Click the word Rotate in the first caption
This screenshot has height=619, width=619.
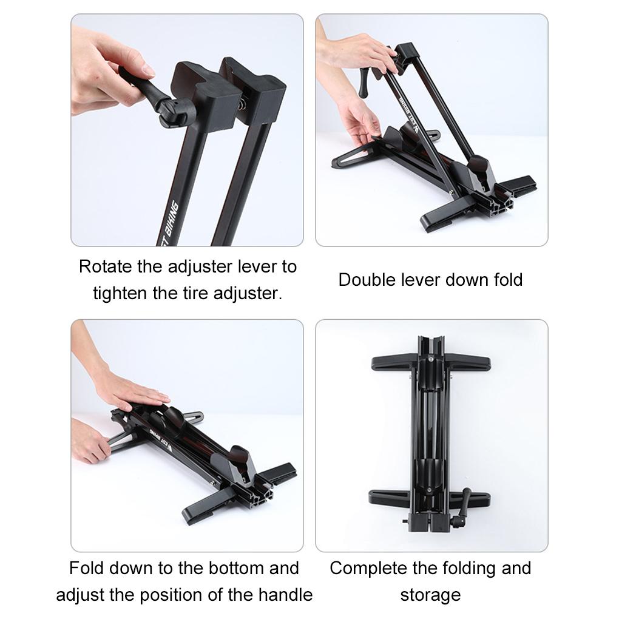point(101,266)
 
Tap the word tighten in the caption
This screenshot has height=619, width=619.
point(120,294)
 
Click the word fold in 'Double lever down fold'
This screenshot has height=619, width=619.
point(507,280)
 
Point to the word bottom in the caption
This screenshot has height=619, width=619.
point(234,568)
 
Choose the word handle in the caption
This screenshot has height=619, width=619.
point(286,595)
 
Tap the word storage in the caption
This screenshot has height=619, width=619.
point(430,595)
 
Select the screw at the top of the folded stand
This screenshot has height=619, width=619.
point(430,359)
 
